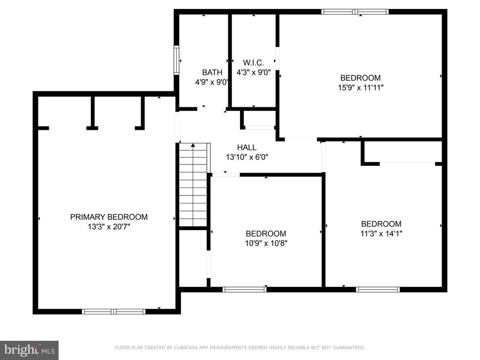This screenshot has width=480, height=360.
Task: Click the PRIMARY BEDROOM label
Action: click(x=109, y=217)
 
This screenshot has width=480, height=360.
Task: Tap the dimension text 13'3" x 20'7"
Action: click(x=109, y=227)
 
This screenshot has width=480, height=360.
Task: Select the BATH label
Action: click(x=212, y=73)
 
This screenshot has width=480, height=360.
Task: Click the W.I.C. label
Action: click(x=254, y=63)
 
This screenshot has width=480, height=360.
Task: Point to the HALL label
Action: click(x=247, y=148)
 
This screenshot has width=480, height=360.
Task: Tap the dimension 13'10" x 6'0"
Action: click(x=247, y=157)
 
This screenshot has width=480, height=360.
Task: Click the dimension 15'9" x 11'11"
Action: click(x=360, y=88)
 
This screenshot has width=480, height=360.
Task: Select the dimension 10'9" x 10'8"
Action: click(x=266, y=243)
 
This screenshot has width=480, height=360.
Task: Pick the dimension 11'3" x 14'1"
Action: click(x=381, y=233)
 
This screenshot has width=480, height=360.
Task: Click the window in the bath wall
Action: click(x=176, y=60)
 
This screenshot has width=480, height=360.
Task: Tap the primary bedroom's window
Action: click(x=113, y=312)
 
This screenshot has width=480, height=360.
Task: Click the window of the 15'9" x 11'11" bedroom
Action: click(x=355, y=12)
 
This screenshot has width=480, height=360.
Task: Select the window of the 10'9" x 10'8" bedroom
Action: click(x=245, y=289)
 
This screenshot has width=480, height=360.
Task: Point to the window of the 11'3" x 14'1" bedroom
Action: click(x=378, y=289)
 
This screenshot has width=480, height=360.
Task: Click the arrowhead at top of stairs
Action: click(x=193, y=145)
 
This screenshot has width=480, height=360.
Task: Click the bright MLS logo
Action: click(x=29, y=350)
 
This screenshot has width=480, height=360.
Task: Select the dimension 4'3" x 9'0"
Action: click(x=254, y=73)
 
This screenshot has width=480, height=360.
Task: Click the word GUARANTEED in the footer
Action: click(x=349, y=347)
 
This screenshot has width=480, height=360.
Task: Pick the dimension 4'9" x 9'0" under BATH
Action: click(x=212, y=82)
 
